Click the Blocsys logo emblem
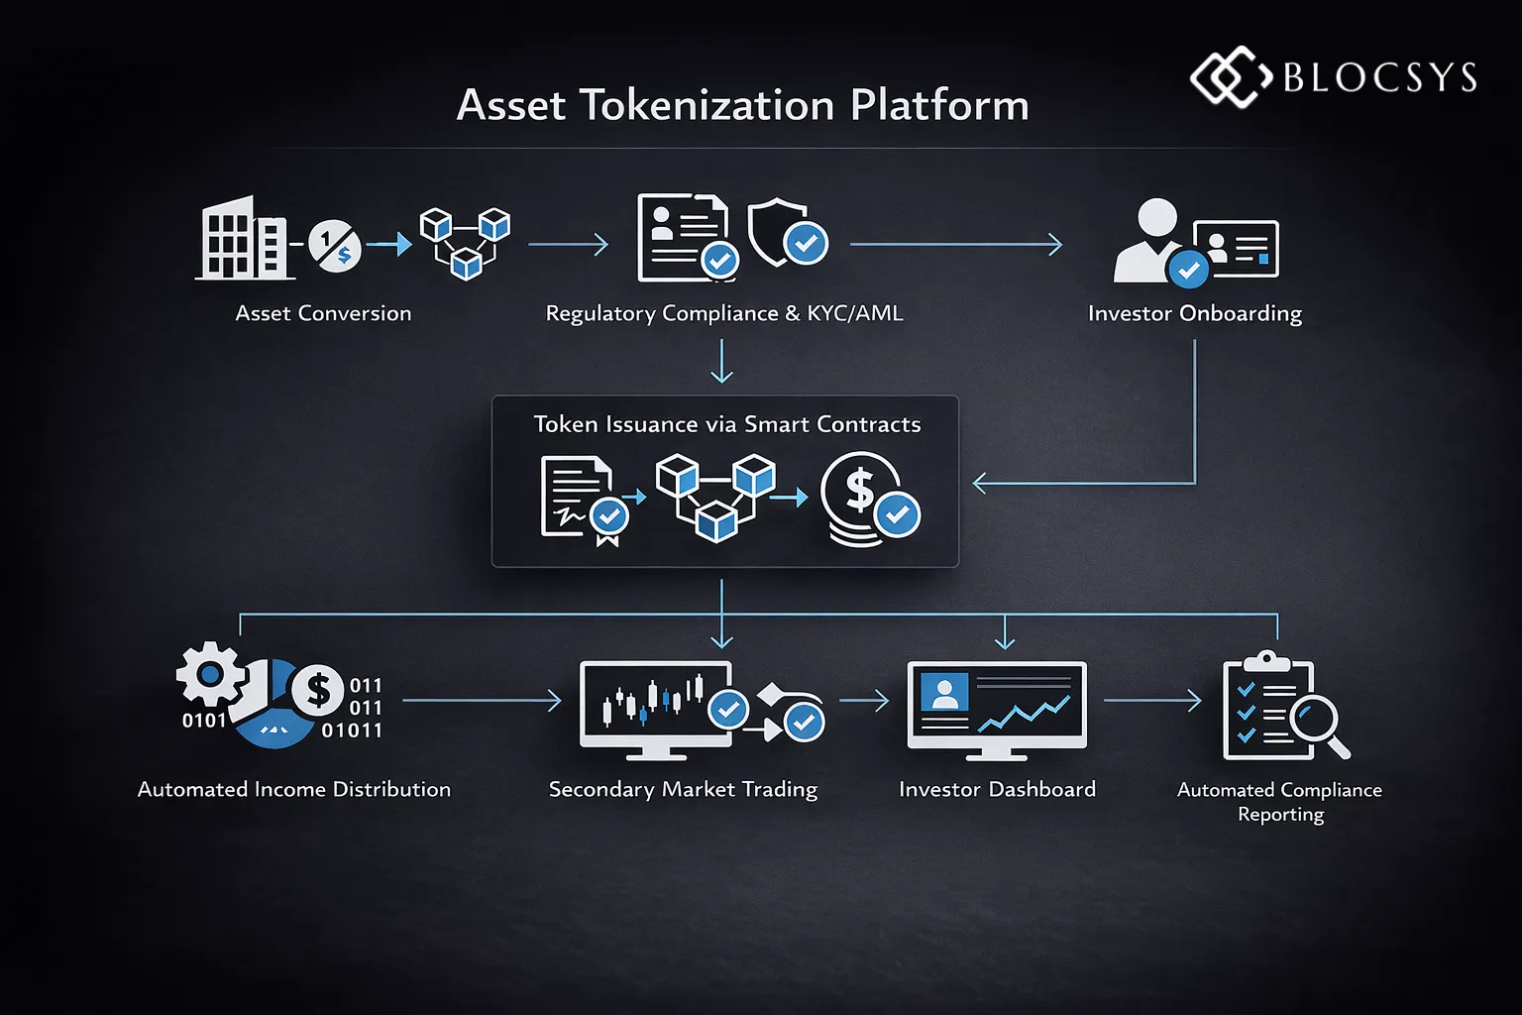(1230, 76)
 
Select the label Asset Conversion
(323, 313)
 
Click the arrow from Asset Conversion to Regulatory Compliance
(568, 244)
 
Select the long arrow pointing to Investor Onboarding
(955, 244)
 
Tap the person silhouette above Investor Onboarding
(1151, 240)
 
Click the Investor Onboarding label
(1194, 313)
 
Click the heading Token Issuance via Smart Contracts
(726, 424)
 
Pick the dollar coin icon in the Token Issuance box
(860, 499)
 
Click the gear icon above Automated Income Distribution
(210, 675)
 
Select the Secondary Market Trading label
(683, 789)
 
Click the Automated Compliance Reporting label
(1279, 801)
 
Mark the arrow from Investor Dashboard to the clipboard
(1151, 701)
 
